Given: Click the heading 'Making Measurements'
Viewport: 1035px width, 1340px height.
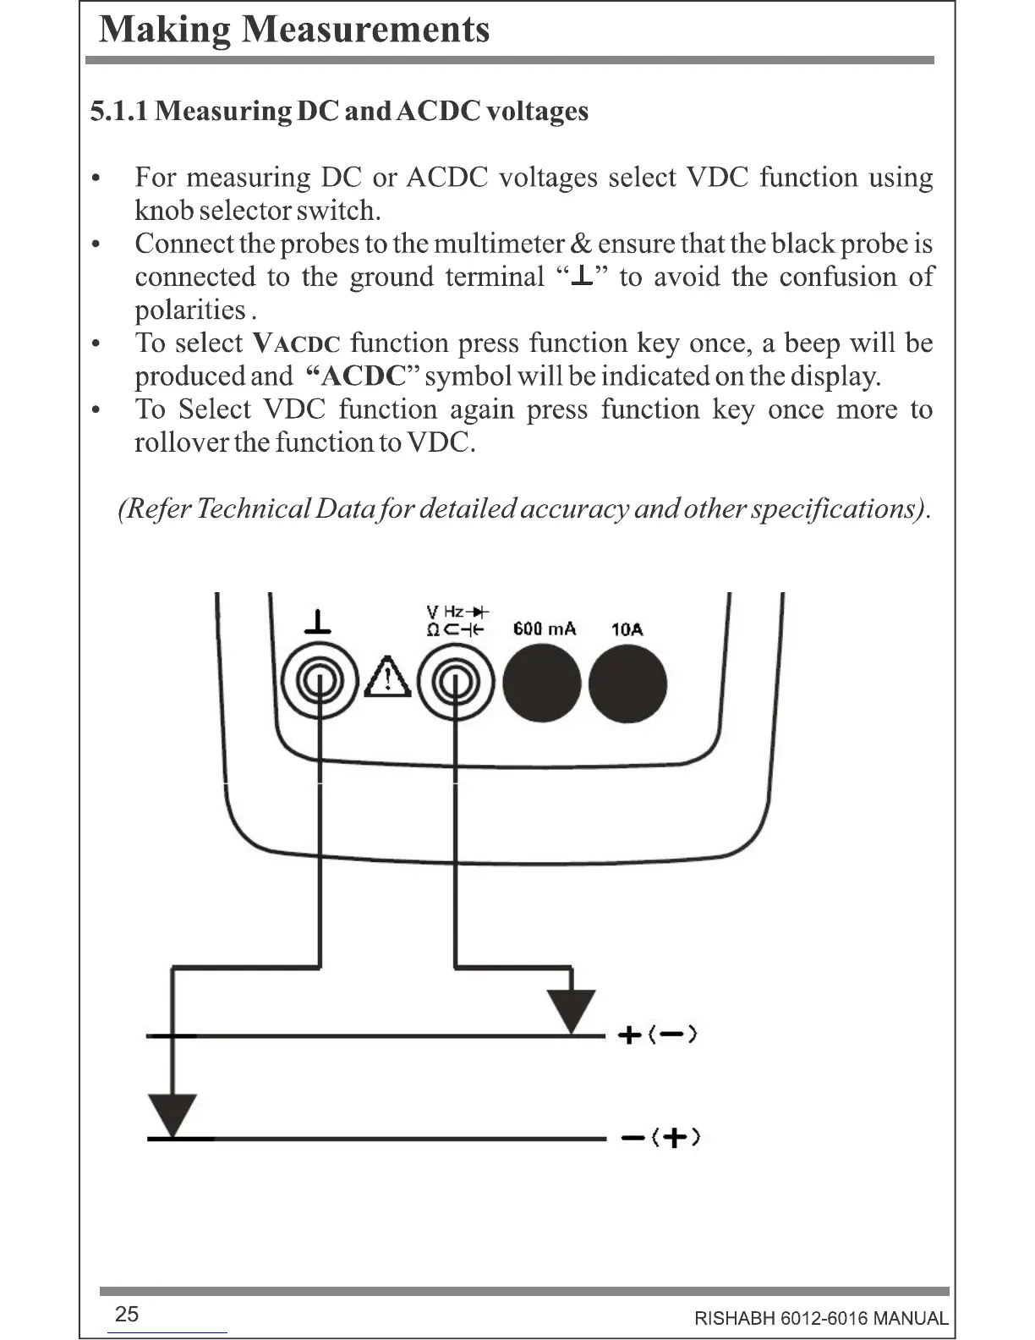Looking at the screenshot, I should [294, 30].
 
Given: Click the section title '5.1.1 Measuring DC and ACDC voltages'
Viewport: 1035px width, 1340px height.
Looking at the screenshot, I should [339, 111].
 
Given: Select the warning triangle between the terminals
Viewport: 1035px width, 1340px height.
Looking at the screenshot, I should [387, 677].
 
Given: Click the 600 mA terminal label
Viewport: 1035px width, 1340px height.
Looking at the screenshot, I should [544, 629].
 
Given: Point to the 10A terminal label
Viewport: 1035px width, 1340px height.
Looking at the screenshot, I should [627, 629].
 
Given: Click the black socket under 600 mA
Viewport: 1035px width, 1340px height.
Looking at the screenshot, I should [542, 683].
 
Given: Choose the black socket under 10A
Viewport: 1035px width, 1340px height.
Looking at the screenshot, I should [627, 683].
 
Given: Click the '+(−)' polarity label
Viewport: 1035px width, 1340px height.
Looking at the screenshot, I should [657, 1035].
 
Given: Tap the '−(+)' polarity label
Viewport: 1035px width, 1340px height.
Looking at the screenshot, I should [660, 1138].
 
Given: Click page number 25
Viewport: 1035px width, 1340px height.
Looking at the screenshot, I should [126, 1314].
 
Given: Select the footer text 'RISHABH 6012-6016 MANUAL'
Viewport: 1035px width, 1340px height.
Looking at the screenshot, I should [820, 1318].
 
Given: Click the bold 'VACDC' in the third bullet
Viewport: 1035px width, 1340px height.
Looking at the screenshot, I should [297, 343].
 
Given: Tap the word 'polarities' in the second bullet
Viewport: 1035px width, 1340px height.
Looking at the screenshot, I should [189, 310].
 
